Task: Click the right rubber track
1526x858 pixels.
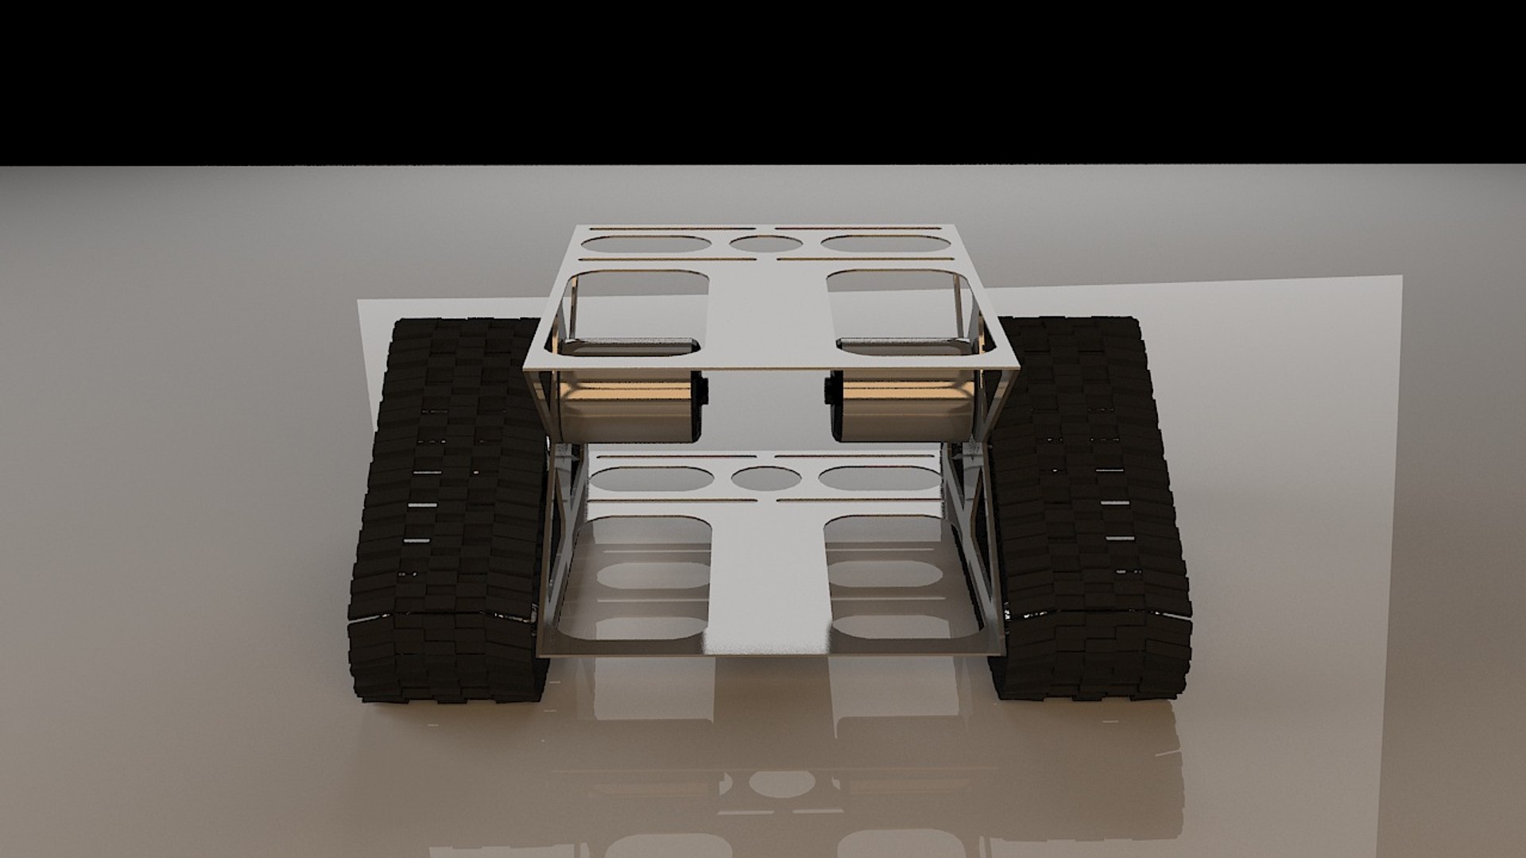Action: point(1089,508)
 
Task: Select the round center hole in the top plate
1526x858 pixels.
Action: point(765,244)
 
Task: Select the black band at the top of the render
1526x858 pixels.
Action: point(763,79)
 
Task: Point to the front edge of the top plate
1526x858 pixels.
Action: point(771,369)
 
